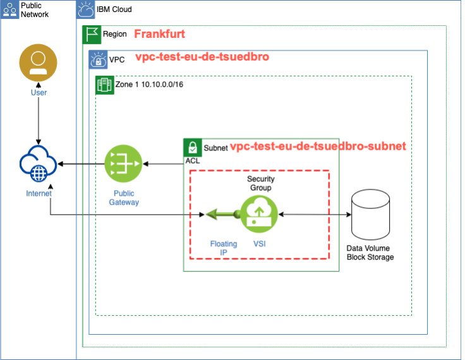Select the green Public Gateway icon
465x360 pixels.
click(x=124, y=164)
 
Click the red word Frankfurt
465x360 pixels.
click(x=159, y=34)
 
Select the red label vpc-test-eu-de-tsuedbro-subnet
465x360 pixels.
click(x=318, y=147)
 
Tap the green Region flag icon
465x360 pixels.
click(x=92, y=35)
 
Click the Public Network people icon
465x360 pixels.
click(x=10, y=9)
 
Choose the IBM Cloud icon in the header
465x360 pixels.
click(x=85, y=9)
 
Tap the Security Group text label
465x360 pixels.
click(x=260, y=183)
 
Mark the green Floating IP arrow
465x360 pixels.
click(x=220, y=215)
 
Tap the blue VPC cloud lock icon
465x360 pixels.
click(x=98, y=59)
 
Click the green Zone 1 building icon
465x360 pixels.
click(x=104, y=84)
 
